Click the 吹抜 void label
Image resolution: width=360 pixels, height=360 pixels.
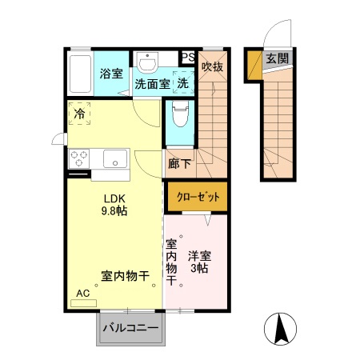point(211,66)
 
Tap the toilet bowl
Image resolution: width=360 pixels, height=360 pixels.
point(178,118)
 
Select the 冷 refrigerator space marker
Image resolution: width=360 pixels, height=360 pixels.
point(79,114)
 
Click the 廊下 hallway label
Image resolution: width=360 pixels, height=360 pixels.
point(179,164)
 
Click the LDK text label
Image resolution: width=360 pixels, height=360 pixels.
point(112,198)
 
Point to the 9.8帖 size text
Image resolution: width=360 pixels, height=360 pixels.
point(112,213)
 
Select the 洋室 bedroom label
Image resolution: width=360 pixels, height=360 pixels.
point(199,256)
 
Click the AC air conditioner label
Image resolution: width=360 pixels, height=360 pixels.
point(83,294)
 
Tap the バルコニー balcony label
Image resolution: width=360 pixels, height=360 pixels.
point(130,328)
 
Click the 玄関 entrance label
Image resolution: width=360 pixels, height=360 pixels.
point(277,58)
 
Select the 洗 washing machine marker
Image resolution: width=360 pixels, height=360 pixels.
point(183,82)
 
